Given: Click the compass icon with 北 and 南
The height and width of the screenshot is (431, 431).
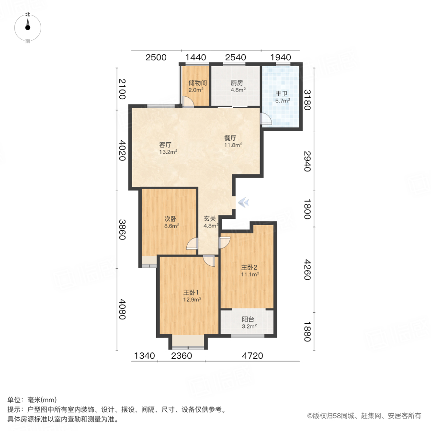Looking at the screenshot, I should point(28,28).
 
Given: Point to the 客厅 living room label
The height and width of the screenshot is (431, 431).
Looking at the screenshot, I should point(166,145).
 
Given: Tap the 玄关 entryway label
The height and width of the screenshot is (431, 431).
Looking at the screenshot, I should point(210,218).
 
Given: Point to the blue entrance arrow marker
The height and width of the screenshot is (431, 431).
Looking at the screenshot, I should point(243,203).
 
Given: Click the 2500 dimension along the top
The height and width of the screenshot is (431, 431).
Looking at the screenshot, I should point(156,57).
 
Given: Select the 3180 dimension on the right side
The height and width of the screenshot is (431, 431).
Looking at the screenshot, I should point(307,100).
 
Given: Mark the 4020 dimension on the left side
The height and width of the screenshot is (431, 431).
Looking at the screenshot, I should point(122,150).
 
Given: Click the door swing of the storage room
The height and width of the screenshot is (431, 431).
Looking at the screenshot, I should point(188,102).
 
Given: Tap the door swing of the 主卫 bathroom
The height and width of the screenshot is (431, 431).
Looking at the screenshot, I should point(265,119).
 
